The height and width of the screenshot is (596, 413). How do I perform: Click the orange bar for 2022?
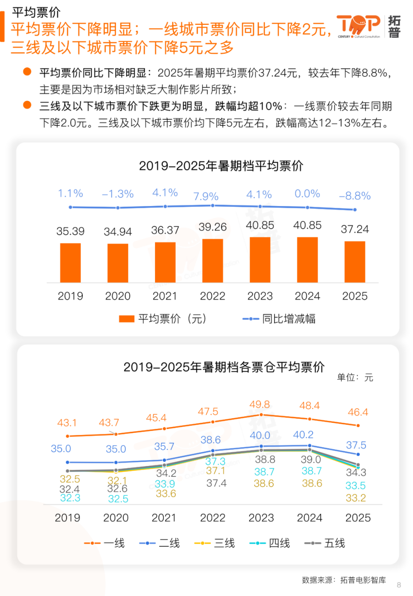tap(212, 261)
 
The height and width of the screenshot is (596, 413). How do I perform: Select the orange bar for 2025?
tap(355, 262)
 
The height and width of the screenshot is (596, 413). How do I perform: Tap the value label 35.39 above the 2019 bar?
tap(70, 231)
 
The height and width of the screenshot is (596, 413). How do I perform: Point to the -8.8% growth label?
tap(355, 196)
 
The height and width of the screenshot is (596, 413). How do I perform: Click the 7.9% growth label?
tap(206, 196)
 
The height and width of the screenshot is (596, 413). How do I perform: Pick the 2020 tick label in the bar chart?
tap(118, 296)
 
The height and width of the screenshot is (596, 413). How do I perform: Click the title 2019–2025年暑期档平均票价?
tap(221, 166)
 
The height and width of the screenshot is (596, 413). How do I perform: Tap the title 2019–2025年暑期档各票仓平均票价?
tap(224, 367)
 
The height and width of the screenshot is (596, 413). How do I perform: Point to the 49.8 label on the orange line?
tap(259, 404)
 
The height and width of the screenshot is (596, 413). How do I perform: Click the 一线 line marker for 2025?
tap(358, 425)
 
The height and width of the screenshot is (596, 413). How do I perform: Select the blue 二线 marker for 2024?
tap(309, 445)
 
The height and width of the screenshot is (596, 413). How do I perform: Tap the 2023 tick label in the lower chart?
tap(261, 518)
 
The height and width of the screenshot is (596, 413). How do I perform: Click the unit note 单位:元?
tap(355, 378)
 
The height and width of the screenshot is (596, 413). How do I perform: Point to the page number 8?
tap(399, 585)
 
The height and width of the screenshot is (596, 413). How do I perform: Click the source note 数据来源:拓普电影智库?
tap(344, 580)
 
